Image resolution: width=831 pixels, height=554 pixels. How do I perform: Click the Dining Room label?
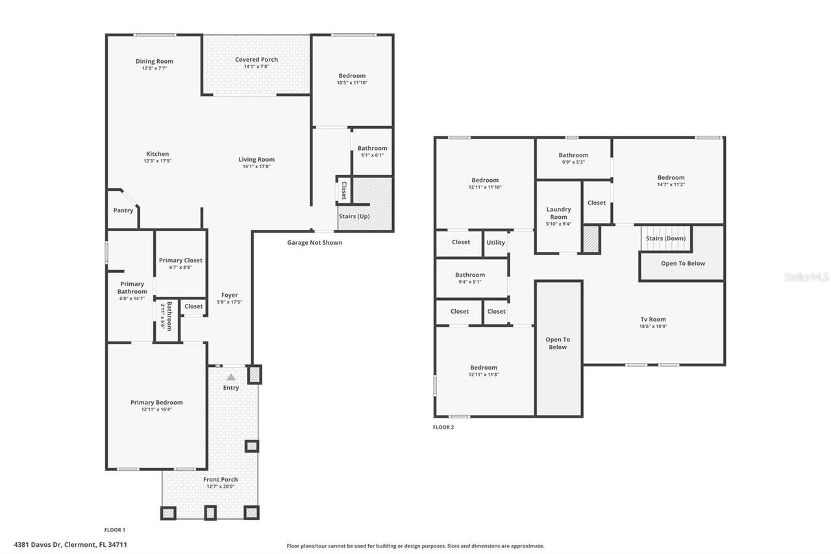155,61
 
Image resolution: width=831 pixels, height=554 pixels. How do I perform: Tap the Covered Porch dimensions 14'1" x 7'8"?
256,66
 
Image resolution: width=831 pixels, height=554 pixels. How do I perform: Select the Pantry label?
123,210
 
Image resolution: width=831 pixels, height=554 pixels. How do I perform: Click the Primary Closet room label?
180,260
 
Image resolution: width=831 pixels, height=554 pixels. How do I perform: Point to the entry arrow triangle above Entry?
231,377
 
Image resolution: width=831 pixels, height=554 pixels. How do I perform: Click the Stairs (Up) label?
354,216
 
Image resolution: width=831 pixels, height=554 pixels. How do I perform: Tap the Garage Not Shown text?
314,243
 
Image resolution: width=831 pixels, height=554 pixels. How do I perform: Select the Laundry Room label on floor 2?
558,213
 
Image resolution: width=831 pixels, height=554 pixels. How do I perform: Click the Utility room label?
495,243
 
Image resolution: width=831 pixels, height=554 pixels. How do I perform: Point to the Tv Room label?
653,320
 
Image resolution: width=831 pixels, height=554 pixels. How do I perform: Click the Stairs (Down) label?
665,238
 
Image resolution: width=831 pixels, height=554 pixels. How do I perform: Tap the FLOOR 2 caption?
443,427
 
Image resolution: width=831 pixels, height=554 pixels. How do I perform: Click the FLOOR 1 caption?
115,530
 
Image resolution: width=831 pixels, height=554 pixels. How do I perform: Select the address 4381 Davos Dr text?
70,545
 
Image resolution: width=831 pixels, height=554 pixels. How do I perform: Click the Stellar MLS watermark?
806,277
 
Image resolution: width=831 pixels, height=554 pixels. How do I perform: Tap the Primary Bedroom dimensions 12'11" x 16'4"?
156,409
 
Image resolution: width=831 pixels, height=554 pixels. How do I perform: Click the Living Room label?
256,159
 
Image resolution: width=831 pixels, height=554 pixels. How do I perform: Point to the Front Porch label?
220,479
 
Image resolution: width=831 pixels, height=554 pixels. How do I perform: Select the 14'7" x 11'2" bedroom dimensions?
671,184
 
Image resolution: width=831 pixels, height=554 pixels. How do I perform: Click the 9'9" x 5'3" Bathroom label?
573,155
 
